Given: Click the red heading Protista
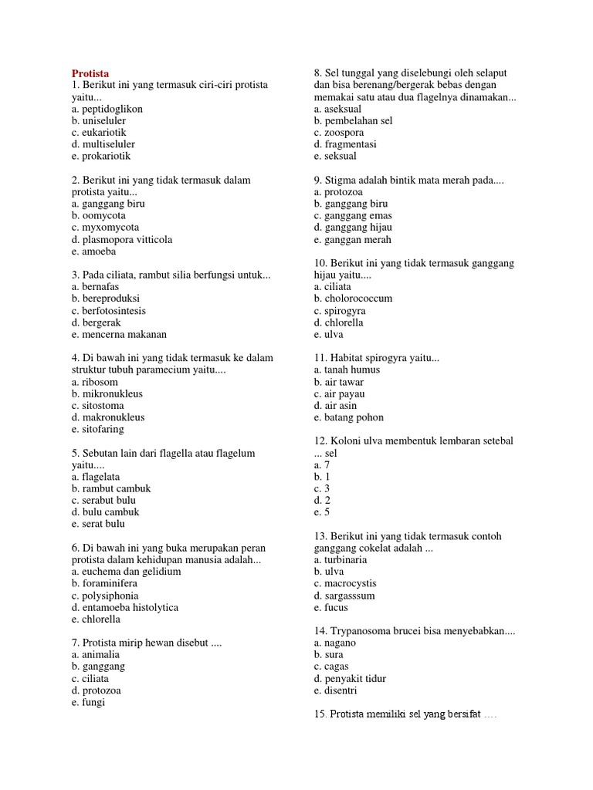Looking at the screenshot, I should point(90,73).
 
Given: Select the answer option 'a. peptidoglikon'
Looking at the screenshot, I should point(107,109).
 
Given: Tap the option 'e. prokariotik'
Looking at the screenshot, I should point(102,156).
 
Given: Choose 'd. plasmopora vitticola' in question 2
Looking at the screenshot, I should point(121,239).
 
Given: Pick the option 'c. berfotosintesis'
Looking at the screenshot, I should point(108,311).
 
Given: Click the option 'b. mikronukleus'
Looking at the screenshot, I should point(107,393).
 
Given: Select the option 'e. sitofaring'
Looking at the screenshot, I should point(97,429).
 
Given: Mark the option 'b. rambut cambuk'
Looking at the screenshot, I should point(110,488).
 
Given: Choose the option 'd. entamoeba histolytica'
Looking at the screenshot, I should point(124,607).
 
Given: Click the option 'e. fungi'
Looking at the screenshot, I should point(87,702).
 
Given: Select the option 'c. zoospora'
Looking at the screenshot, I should point(339,133).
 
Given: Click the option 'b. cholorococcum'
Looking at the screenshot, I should point(353,299).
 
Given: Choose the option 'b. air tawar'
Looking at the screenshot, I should point(339,382).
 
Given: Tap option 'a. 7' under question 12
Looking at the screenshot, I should point(322,465).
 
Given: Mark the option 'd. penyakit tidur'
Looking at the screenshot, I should point(350,679).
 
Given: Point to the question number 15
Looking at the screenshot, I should point(320,714).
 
